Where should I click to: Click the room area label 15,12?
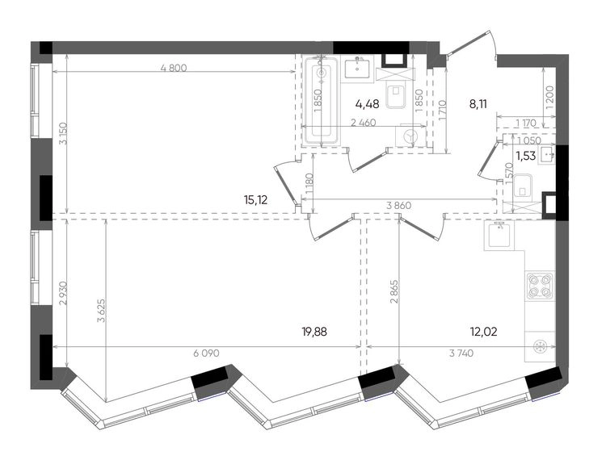pyautogui.click(x=256, y=200)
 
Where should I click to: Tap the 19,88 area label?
pyautogui.click(x=314, y=331)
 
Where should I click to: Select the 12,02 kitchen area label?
pyautogui.click(x=483, y=331)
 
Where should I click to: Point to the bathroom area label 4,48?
pyautogui.click(x=367, y=103)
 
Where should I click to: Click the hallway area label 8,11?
pyautogui.click(x=478, y=103)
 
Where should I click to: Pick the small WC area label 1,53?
pyautogui.click(x=526, y=156)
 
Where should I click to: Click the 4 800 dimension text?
pyautogui.click(x=174, y=69)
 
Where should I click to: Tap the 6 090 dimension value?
pyautogui.click(x=205, y=353)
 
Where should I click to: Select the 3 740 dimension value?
pyautogui.click(x=461, y=353)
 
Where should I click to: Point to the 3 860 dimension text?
pyautogui.click(x=399, y=206)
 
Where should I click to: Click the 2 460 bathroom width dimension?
pyautogui.click(x=363, y=123)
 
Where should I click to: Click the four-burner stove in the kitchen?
pyautogui.click(x=540, y=286)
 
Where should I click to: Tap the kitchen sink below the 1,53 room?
pyautogui.click(x=499, y=236)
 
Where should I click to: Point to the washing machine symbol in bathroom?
pyautogui.click(x=410, y=136)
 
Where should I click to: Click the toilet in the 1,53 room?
pyautogui.click(x=524, y=189)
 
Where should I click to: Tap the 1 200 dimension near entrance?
pyautogui.click(x=550, y=98)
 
